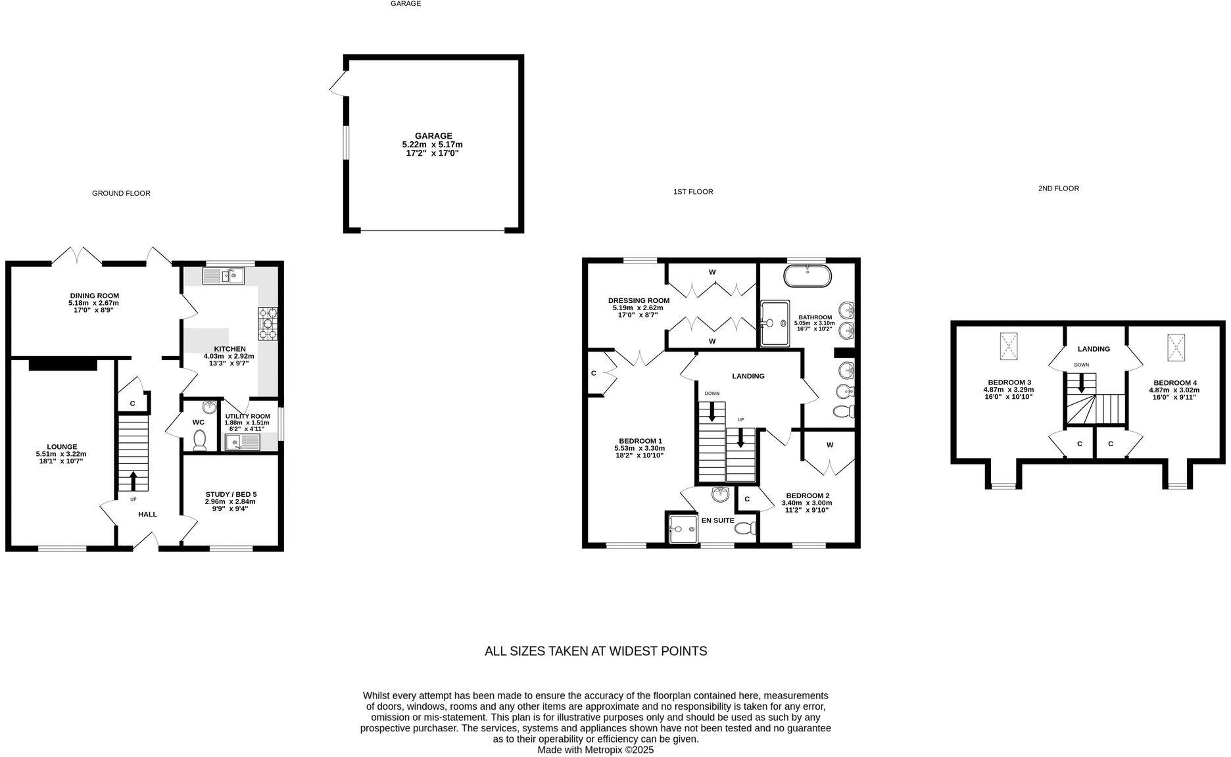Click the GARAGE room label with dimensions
(432, 145)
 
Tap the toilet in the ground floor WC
(199, 440)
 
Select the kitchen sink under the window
(224, 276)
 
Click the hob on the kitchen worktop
(268, 323)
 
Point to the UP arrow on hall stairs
(133, 480)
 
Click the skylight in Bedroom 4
(1176, 347)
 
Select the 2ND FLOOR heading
(1058, 189)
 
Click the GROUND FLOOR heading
(121, 193)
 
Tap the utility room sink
(241, 443)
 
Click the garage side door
(339, 84)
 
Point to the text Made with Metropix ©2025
(595, 750)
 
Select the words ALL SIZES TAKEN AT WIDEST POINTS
(595, 651)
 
